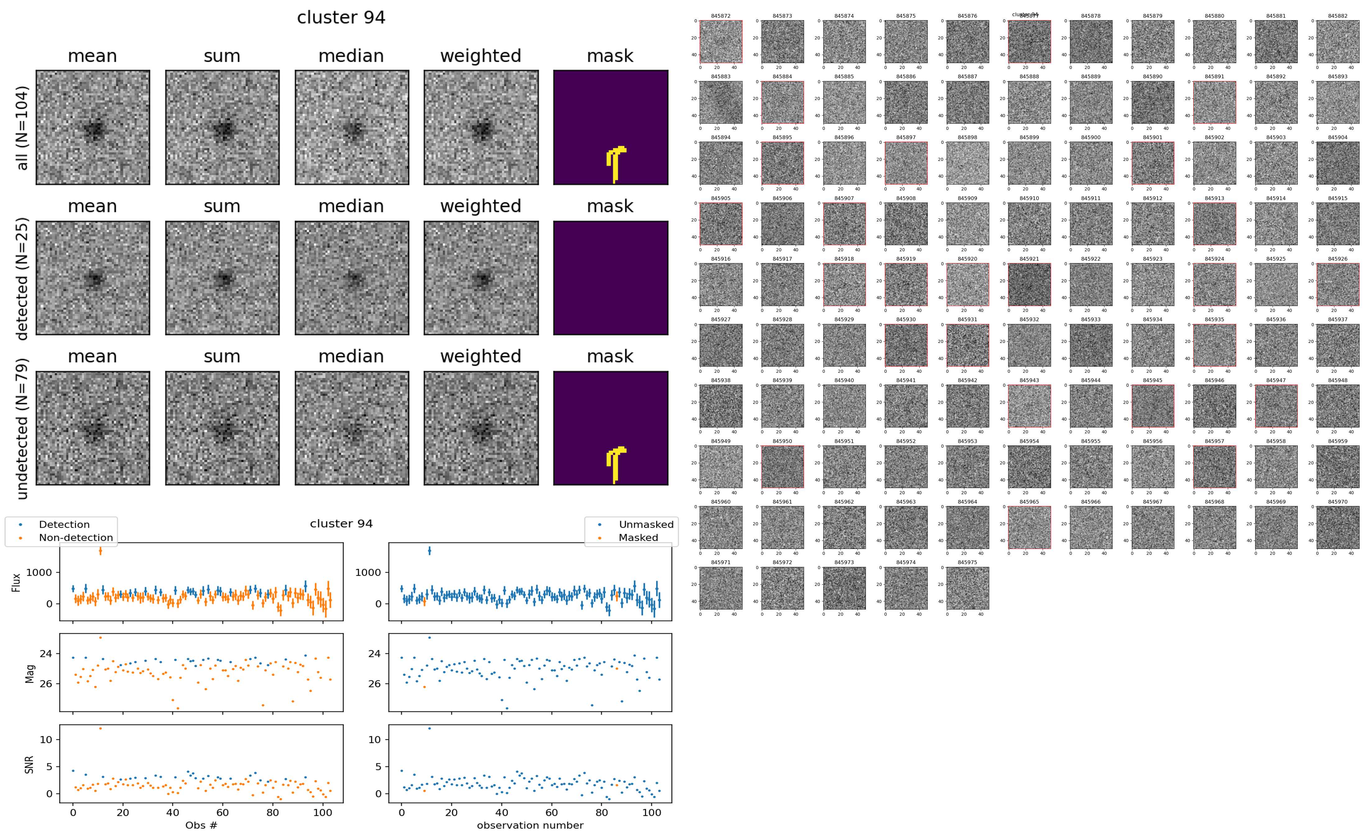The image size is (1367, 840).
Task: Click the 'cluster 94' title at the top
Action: tap(341, 18)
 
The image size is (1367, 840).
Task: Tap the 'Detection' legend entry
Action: tap(64, 524)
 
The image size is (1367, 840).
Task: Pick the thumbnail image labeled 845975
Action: tap(967, 588)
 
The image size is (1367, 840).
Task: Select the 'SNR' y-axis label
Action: tap(30, 765)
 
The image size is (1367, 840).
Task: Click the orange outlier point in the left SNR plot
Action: tap(100, 728)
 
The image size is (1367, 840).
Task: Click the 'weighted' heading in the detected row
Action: tap(481, 206)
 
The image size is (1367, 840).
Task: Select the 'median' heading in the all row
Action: tap(351, 56)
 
